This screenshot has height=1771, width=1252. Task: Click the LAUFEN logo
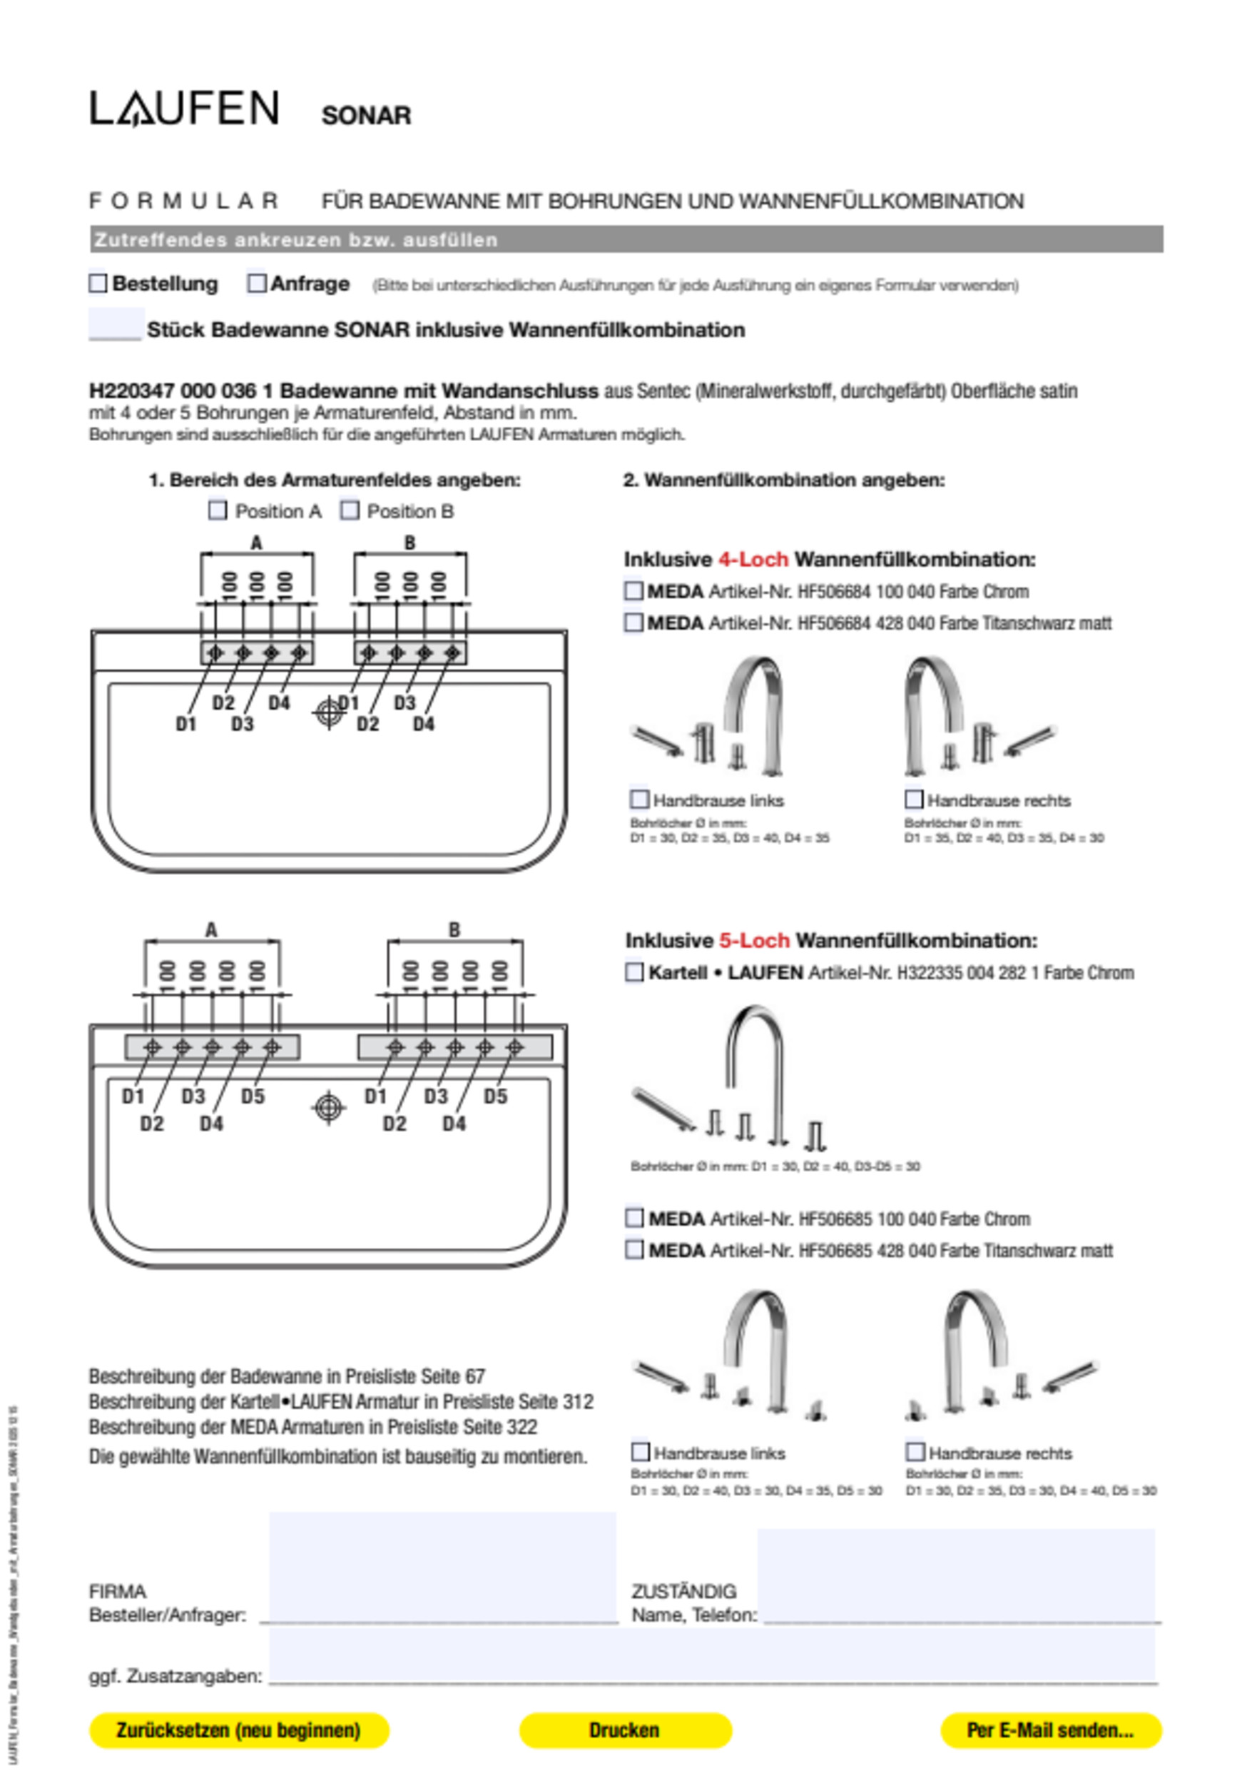tap(184, 109)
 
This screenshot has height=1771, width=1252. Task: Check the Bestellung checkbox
tap(98, 283)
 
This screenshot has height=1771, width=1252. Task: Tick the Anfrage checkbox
tap(256, 283)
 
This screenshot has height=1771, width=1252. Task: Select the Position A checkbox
tap(218, 510)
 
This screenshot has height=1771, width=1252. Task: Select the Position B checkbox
tap(350, 510)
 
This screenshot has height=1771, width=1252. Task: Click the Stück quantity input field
tap(116, 325)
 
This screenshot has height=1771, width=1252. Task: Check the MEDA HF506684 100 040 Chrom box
tap(633, 592)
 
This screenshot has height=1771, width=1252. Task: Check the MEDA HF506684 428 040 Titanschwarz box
tap(633, 622)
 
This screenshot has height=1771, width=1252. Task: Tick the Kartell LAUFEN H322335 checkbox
tap(634, 973)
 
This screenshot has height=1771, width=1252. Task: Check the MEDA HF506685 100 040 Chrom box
tap(634, 1218)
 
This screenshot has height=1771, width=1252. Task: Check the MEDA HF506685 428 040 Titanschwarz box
tap(634, 1250)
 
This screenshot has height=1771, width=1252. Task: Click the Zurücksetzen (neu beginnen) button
tap(239, 1730)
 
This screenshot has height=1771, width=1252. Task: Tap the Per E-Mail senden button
tap(1051, 1730)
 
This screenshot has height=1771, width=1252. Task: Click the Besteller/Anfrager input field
tap(442, 1569)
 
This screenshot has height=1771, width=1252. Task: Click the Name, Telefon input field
tap(956, 1577)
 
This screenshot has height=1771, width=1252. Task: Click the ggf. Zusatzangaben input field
tap(713, 1658)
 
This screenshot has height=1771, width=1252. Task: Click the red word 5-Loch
tap(754, 940)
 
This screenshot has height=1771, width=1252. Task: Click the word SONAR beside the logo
tap(366, 116)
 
